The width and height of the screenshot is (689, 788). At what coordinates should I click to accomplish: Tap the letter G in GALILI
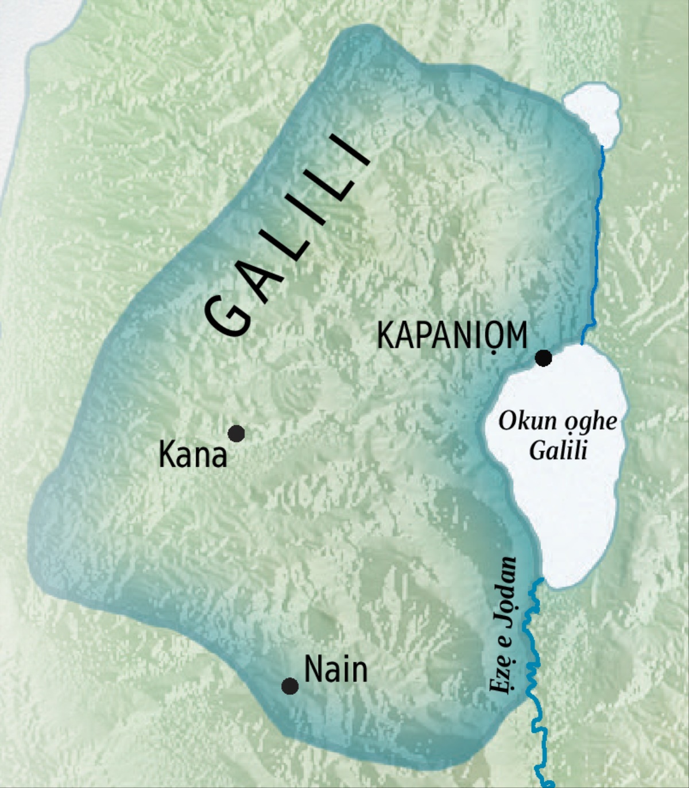coord(230,315)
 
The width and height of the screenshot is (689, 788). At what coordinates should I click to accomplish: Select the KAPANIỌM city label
coord(452,335)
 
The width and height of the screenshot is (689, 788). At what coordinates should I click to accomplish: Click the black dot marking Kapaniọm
coord(543,358)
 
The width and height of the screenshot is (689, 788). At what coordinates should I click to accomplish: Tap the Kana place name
coord(193,456)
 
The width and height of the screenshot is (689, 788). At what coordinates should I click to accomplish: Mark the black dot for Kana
coord(237,433)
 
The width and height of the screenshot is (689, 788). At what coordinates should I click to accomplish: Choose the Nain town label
coord(336,670)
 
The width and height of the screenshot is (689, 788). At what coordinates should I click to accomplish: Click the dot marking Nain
coord(290,686)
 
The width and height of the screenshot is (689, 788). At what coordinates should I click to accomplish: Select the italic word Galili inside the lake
coord(558,450)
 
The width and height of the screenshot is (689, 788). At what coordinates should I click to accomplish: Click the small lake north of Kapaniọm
coord(591,112)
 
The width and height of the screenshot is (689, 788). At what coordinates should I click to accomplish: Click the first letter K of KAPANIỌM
coord(385,335)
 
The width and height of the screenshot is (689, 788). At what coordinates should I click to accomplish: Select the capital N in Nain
coord(313,670)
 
